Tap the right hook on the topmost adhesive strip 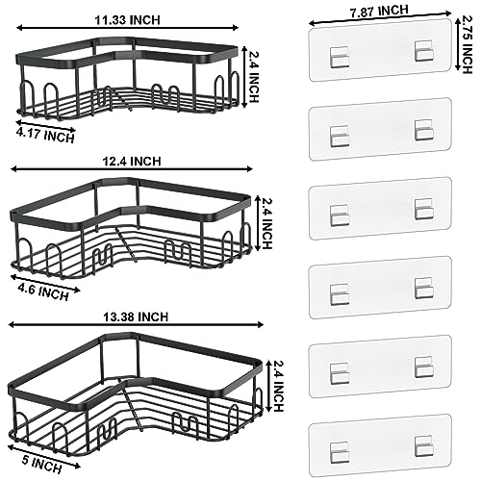(420, 56)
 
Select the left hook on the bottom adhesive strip (339, 443)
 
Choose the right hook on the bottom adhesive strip (420, 443)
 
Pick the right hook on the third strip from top (420, 208)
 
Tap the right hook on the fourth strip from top (420, 287)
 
